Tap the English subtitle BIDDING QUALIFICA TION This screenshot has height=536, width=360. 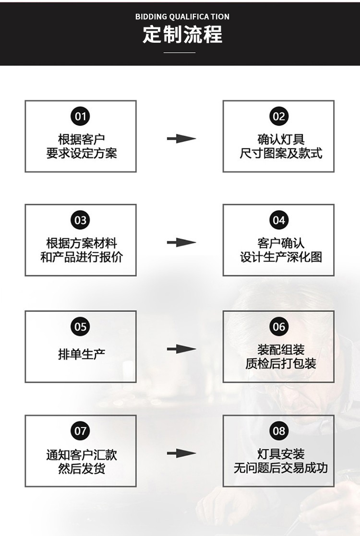pos(182,17)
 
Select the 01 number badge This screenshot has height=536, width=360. pos(80,117)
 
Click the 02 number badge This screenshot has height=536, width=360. pos(278,117)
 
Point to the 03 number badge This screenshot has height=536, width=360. pos(80,220)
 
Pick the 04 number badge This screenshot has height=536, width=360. pos(278,220)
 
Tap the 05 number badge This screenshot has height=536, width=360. pos(80,327)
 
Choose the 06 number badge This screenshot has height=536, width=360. pos(278,327)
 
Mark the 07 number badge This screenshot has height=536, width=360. pos(80,431)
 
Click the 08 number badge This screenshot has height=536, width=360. pos(278,431)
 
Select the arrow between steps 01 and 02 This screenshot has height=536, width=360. pos(181,139)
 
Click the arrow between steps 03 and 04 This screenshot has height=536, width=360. pos(181,243)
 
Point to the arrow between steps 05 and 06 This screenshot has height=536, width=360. pos(181,349)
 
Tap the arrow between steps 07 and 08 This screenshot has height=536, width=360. pos(181,453)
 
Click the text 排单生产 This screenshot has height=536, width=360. pos(81,355)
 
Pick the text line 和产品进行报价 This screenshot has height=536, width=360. pos(81,257)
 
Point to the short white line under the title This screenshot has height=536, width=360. pos(180,52)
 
